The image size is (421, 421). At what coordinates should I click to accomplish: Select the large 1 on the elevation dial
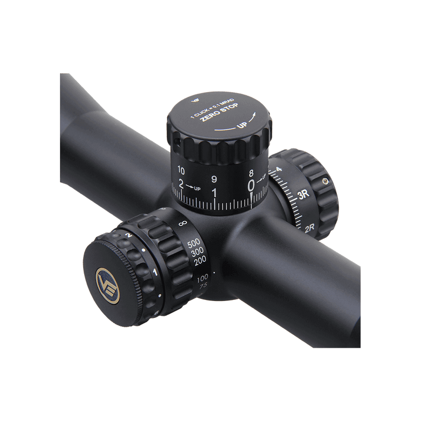point(214,193)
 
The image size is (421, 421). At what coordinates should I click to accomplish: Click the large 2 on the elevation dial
point(182,185)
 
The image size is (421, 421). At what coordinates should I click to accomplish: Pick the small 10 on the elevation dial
point(181,171)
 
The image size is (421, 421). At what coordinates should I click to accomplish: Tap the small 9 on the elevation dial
point(214,179)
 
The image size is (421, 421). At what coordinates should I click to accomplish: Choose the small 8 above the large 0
point(251,173)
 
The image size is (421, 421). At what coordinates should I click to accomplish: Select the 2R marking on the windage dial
point(310,229)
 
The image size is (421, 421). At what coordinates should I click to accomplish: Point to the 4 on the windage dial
point(278,169)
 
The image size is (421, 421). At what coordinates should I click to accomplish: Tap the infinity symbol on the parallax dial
point(183,224)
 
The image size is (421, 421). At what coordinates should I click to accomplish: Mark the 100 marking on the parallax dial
point(202,277)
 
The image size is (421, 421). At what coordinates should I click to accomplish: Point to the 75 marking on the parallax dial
point(203,285)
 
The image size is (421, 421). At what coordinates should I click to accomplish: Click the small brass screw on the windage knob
point(326,181)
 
